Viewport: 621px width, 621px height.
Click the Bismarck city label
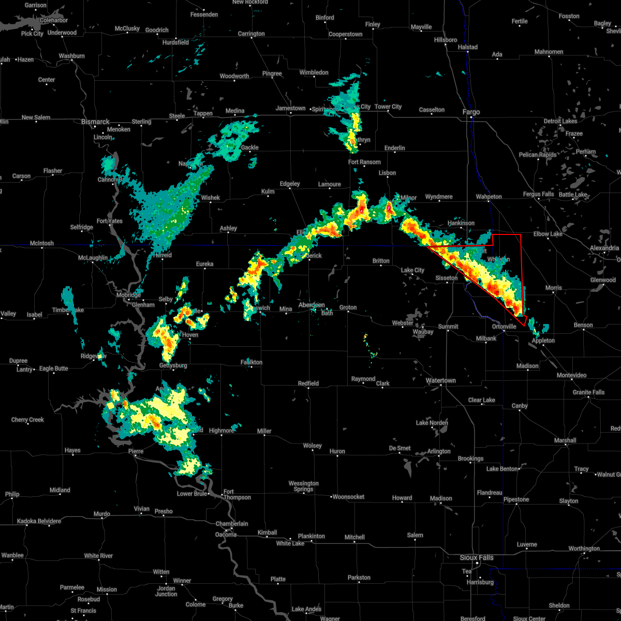[95, 122]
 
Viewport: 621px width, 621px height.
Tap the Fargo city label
[471, 112]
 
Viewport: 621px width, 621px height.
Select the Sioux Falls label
[477, 557]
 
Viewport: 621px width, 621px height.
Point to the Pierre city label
[135, 451]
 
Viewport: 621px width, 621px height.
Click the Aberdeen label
[312, 305]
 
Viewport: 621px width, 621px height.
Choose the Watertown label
[440, 380]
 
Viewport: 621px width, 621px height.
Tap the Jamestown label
[290, 108]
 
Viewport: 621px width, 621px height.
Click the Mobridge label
[128, 295]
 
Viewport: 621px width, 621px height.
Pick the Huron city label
[337, 451]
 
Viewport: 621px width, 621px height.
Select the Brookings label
[470, 459]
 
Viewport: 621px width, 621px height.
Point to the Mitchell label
[354, 537]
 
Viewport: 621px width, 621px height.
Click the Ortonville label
[504, 327]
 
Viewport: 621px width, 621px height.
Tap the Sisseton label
[446, 278]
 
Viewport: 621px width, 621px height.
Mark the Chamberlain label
[231, 524]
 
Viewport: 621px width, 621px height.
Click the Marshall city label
[565, 440]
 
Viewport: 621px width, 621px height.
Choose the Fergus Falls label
[538, 194]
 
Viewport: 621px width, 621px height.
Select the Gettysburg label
[172, 365]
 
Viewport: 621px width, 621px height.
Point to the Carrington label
[251, 34]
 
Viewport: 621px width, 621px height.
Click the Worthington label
[584, 549]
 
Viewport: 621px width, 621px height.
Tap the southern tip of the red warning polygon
[525, 326]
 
